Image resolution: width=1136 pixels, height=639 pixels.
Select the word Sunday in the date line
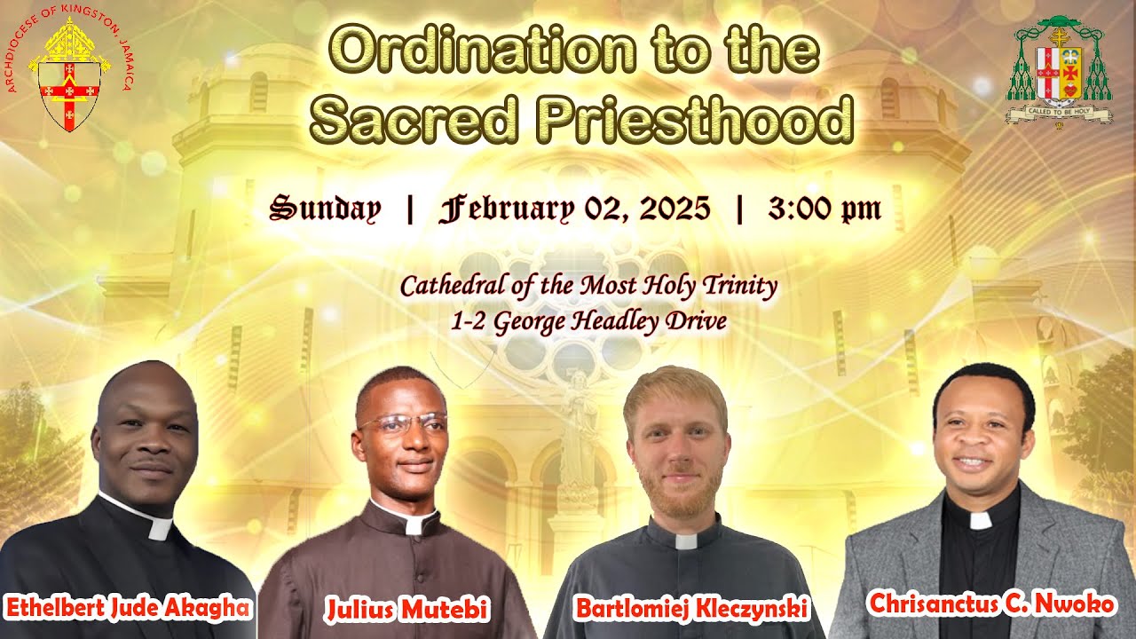pyautogui.click(x=325, y=209)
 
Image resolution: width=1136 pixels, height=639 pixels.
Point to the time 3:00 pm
pyautogui.click(x=824, y=209)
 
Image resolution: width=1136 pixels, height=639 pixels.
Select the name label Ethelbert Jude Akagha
pyautogui.click(x=129, y=608)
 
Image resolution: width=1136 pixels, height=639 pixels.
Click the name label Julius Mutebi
pyautogui.click(x=407, y=610)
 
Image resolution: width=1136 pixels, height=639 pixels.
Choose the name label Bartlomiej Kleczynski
pyautogui.click(x=691, y=609)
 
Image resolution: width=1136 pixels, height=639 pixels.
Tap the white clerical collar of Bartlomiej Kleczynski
pyautogui.click(x=687, y=540)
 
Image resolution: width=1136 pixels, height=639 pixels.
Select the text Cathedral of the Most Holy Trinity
pyautogui.click(x=588, y=287)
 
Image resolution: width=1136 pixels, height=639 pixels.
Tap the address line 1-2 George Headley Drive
pyautogui.click(x=588, y=321)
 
